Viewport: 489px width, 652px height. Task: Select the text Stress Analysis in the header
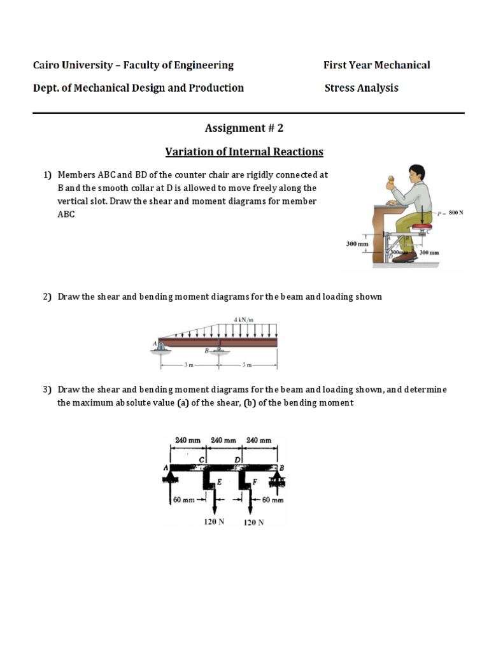(361, 88)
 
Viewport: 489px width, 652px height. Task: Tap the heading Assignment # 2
(244, 128)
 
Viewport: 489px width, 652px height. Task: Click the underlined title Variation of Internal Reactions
(244, 152)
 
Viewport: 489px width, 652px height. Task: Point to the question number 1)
(46, 174)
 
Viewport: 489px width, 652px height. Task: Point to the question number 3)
(46, 389)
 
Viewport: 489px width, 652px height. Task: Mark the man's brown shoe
(404, 257)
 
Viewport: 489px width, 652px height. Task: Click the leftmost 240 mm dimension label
(187, 439)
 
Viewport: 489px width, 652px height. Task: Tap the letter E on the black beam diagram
(219, 482)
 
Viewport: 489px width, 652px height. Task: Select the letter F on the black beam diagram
(255, 482)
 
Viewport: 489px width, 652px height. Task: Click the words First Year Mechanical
(376, 65)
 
